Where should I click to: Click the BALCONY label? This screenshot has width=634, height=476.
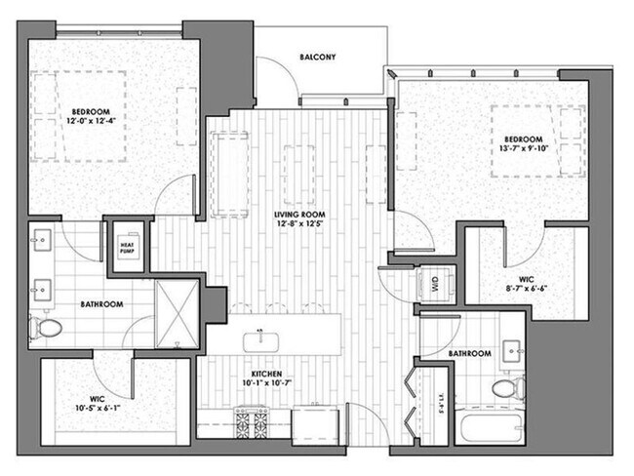point(317,57)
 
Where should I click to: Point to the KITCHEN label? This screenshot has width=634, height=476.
point(266,374)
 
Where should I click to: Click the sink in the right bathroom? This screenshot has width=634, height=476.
point(512,348)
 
